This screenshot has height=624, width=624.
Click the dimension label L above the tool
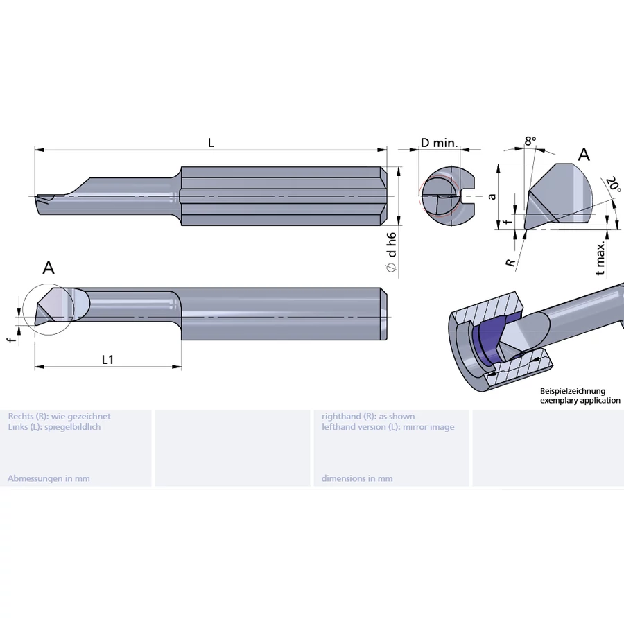pyautogui.click(x=211, y=143)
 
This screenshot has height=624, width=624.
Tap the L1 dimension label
pyautogui.click(x=107, y=359)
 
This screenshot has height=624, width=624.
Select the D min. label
pyautogui.click(x=439, y=143)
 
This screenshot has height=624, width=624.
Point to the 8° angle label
pyautogui.click(x=530, y=141)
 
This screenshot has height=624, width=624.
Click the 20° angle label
pyautogui.click(x=613, y=185)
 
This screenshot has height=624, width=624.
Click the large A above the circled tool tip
pyautogui.click(x=49, y=268)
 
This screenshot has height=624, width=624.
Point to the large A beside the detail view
pyautogui.click(x=584, y=155)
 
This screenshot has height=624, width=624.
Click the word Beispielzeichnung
pyautogui.click(x=573, y=391)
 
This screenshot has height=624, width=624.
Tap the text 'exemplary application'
pyautogui.click(x=580, y=400)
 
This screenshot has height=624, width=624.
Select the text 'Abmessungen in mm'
pyautogui.click(x=49, y=478)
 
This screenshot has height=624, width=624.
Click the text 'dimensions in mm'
pyautogui.click(x=357, y=478)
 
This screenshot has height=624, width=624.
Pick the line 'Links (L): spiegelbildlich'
pyautogui.click(x=54, y=427)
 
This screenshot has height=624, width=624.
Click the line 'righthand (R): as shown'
pyautogui.click(x=368, y=416)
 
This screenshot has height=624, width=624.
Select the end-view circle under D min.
pyautogui.click(x=441, y=197)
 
